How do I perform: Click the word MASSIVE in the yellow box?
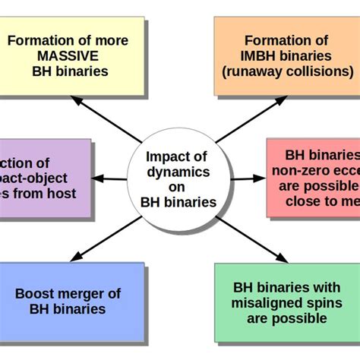pos(68,56)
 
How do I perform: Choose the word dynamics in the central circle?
pos(178,172)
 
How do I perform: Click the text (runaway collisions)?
pos(287,71)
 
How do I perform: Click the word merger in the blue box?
pos(93,293)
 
